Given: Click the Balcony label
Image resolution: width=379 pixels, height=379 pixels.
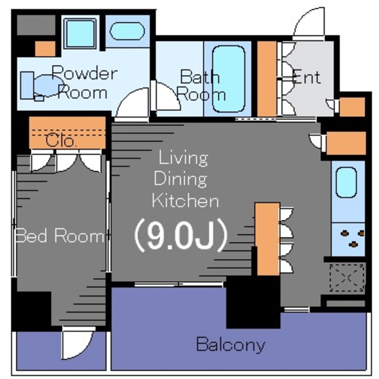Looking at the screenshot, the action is pos(230,345).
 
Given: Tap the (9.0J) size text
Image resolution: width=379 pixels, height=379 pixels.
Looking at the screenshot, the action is pos(181,236).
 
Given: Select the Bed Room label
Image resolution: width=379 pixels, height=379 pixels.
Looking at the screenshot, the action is pos(59,236).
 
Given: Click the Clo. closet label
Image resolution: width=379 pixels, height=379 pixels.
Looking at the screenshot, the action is pos(61,141).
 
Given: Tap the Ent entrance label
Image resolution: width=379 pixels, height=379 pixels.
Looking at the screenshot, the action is pos(307,77).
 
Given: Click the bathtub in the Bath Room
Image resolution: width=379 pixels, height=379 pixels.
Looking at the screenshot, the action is pos(229,79).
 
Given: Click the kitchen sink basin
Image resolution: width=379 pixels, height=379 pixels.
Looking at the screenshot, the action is pos(346,182).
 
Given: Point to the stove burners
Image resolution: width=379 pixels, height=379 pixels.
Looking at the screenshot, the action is pos(353,239).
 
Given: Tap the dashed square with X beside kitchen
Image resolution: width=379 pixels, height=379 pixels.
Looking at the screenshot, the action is pos(347,278).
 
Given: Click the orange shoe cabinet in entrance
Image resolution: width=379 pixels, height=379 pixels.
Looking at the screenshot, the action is pos(267,79).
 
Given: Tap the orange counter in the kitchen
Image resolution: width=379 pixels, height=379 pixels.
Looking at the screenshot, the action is pos(267,239).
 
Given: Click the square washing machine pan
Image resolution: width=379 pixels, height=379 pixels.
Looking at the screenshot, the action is pos(80,34).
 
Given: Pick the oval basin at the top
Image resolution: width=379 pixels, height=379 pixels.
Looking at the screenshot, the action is pos(127,31).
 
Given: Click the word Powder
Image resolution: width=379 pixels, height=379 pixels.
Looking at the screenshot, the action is pos(85,73).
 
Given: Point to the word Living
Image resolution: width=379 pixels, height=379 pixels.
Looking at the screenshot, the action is pos(183,158).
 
